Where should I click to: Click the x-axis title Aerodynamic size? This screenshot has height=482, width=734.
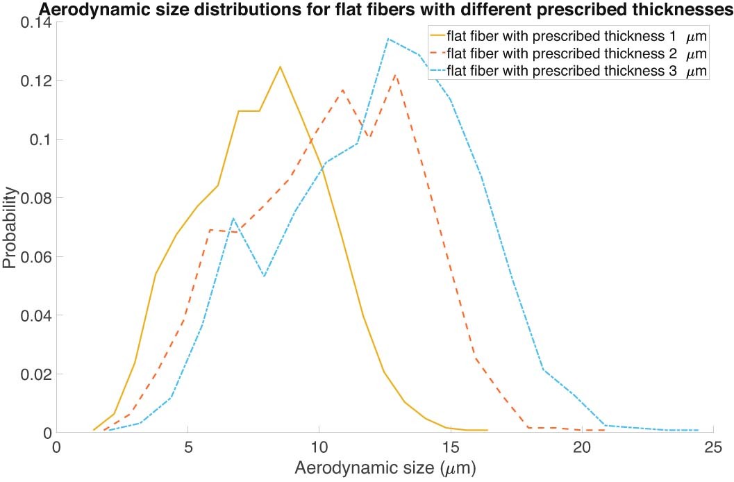tap(385, 468)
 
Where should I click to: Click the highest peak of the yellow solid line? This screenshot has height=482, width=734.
tap(280, 67)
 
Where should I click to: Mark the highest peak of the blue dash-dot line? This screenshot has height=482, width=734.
tap(388, 39)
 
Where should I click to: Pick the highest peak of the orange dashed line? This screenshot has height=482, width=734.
tap(395, 74)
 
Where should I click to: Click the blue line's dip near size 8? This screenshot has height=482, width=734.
tap(265, 276)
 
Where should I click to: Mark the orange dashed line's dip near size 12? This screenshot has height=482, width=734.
tap(371, 137)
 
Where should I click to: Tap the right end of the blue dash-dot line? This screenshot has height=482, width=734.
tap(698, 430)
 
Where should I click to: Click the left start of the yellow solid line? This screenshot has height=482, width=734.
tap(94, 430)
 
